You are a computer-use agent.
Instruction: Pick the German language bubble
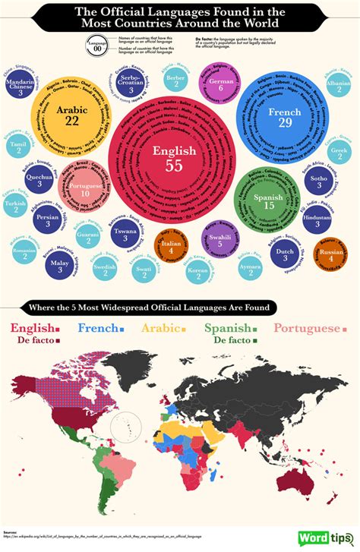pos(220,84)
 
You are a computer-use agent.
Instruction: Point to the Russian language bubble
pos(331,254)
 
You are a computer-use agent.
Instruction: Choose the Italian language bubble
pos(171,246)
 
